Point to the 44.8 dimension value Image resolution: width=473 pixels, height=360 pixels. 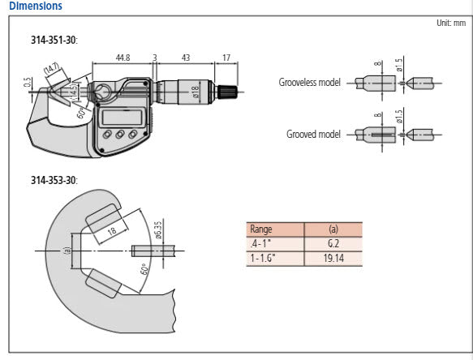click(123, 58)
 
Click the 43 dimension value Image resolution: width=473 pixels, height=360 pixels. click(185, 58)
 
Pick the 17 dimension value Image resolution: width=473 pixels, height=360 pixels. click(225, 58)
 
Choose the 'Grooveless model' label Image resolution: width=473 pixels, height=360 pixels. click(311, 83)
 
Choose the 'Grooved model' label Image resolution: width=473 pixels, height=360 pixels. click(314, 135)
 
